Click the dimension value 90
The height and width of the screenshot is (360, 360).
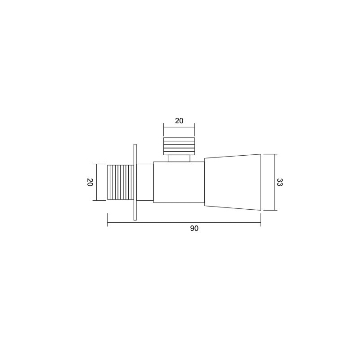(194, 229)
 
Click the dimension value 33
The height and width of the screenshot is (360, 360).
(279, 182)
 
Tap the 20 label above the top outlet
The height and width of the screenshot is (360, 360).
(179, 121)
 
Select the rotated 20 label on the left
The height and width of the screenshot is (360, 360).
(90, 182)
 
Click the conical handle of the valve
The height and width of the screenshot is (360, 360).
(233, 182)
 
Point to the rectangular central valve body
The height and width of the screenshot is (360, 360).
(179, 182)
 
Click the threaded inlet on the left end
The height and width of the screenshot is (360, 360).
(121, 182)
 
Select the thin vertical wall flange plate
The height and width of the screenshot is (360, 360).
(135, 182)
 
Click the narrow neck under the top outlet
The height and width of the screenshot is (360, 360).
(179, 158)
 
